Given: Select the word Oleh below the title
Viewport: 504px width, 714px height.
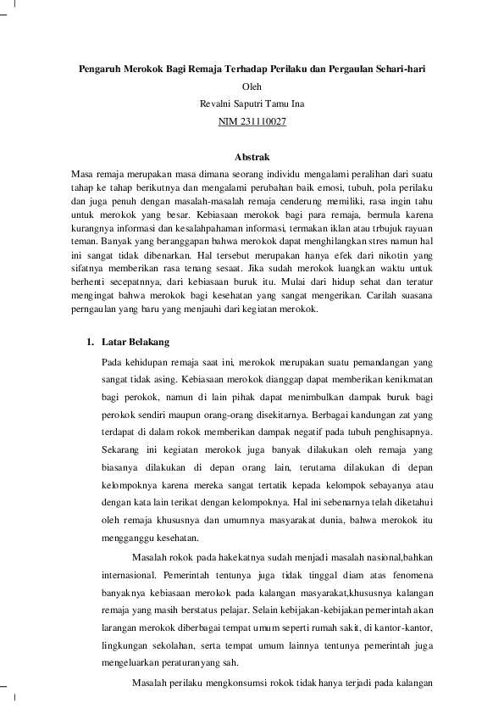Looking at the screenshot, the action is click(252, 86).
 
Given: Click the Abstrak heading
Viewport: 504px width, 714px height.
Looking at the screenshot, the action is click(252, 156).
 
